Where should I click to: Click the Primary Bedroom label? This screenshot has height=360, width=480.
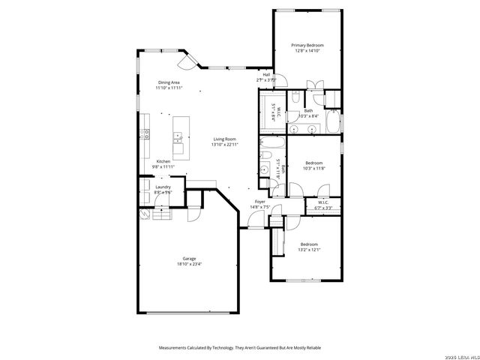coord(307,45)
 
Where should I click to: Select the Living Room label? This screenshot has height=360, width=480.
coord(224,139)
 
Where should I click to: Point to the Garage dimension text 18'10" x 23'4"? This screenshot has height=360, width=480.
coord(189,264)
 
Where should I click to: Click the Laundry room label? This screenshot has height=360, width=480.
coord(163,187)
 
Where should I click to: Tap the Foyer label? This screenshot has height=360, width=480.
coord(260,202)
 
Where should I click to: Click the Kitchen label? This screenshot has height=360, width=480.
coord(163,161)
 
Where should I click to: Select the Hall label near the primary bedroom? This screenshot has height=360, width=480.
coord(266,74)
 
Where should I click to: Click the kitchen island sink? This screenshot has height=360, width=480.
coord(179,136)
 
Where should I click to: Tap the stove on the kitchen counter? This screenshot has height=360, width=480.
coord(145,135)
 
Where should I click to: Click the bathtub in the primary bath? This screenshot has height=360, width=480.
coord(334,121)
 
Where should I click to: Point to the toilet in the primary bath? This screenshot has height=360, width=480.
coord(297,97)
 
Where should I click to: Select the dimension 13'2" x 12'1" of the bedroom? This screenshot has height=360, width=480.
coord(310,249)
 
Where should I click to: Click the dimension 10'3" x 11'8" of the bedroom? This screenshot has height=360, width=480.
coord(313,168)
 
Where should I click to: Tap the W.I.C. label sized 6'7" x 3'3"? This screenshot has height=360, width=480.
coord(323,207)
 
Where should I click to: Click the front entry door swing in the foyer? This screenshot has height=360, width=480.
coord(256,219)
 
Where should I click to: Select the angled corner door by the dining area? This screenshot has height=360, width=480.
coord(190,59)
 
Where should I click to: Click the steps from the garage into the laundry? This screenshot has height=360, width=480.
coord(163,215)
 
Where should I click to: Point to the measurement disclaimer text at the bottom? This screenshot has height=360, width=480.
coord(239,347)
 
